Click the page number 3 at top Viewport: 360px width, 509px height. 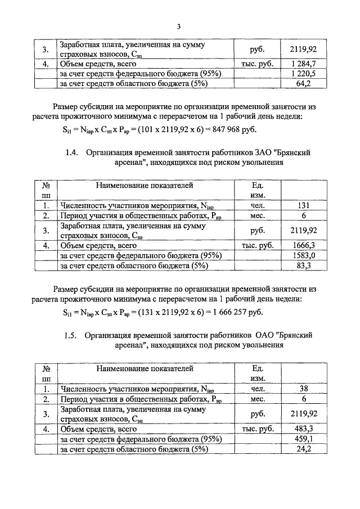tap(178, 26)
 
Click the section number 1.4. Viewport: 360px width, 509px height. tap(71, 152)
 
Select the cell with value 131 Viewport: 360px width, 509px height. tap(303, 206)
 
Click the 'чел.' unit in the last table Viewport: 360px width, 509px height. tap(257, 388)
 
